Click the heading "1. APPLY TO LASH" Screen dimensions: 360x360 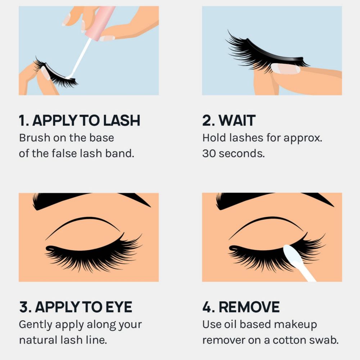[79, 121]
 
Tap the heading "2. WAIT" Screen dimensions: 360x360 [229, 121]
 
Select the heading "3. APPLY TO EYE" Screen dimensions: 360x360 [76, 307]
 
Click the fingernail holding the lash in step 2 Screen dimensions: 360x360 [285, 69]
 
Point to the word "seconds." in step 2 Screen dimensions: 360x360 [241, 154]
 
